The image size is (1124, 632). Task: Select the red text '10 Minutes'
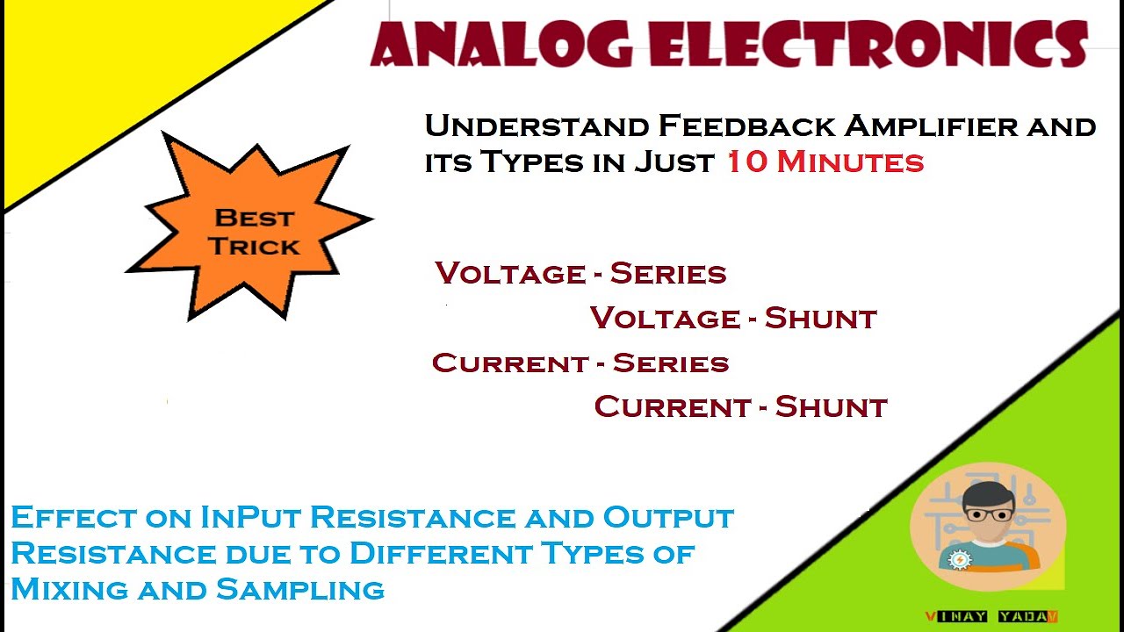point(825,162)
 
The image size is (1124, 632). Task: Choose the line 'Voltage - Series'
point(580,273)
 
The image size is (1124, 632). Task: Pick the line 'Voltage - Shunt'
point(733,318)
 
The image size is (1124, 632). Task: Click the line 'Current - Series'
point(580,363)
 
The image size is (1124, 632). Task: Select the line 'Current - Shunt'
point(741,406)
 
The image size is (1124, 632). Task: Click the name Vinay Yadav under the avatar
point(991,616)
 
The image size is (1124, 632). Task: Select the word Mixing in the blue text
point(66,588)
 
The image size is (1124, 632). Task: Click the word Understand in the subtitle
point(536,126)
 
